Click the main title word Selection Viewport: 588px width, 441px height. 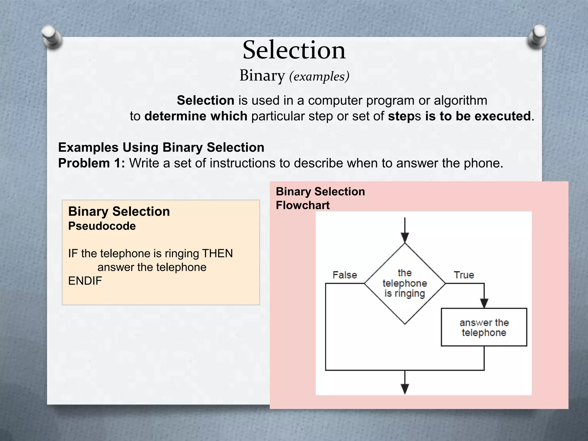coord(294,51)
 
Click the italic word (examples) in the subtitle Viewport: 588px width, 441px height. coord(319,76)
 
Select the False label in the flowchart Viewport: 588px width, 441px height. coord(345,275)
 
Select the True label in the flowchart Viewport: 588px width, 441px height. coord(464,275)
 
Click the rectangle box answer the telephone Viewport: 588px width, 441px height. coord(484,327)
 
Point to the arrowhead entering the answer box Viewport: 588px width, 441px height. coord(484,303)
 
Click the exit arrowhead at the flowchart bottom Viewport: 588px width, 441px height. coord(405,389)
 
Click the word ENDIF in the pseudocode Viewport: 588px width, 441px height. coord(85,281)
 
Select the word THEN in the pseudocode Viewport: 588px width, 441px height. coord(217,254)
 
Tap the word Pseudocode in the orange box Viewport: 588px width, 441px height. coord(102,226)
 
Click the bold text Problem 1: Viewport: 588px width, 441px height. coord(92,163)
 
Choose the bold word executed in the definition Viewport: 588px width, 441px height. coord(502,116)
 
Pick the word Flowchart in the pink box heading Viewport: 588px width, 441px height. coord(303,205)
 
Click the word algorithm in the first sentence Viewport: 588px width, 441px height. coord(460,100)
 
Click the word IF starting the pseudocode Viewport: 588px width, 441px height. coord(73,254)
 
